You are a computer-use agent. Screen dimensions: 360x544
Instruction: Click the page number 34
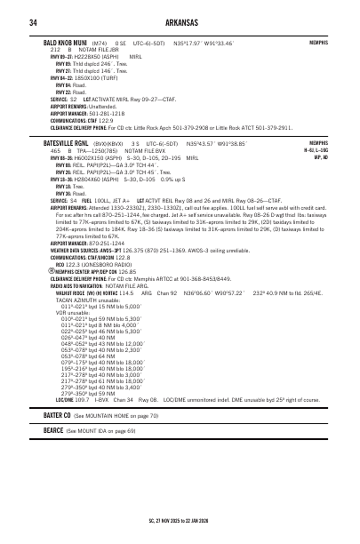pos(31,22)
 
